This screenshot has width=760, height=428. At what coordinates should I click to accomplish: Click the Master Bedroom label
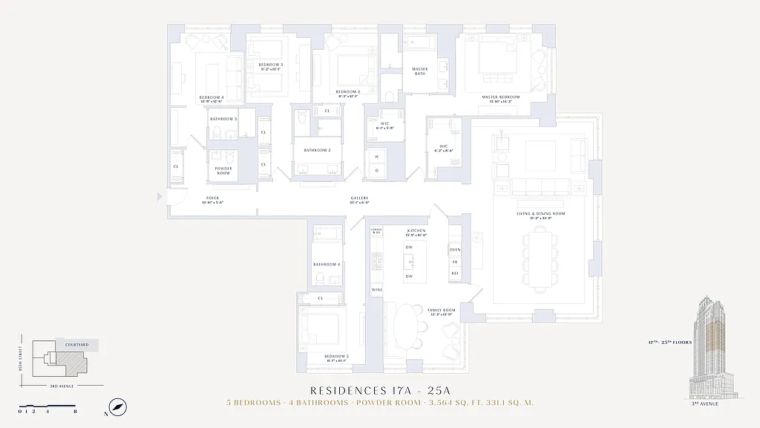(499, 97)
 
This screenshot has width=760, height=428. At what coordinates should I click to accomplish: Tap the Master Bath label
(419, 71)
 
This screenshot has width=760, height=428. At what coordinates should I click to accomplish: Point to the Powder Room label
(223, 170)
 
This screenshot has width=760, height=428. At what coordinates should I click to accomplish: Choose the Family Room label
(439, 311)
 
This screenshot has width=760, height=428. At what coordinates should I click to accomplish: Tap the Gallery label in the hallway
(359, 199)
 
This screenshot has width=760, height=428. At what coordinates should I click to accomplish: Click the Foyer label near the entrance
(213, 199)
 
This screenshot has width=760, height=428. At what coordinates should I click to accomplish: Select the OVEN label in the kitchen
(455, 250)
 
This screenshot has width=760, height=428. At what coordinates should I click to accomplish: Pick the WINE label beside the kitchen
(376, 289)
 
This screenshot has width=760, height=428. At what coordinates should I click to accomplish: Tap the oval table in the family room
(406, 324)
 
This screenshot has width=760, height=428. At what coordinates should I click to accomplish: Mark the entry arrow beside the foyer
(160, 197)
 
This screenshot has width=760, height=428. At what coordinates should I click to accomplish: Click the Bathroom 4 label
(327, 265)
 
